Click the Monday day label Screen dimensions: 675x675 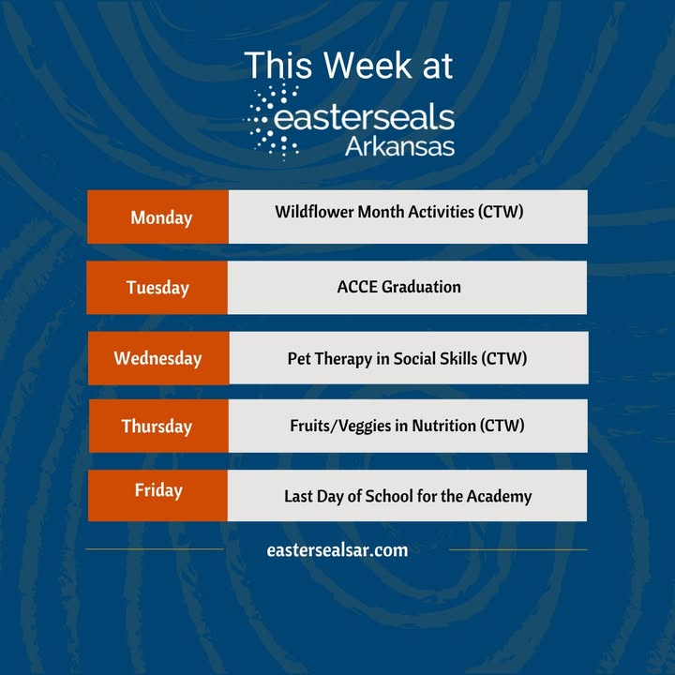161,217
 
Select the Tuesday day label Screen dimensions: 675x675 157,288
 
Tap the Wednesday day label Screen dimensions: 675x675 158,358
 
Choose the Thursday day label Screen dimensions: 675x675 157,427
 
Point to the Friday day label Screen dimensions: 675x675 158,490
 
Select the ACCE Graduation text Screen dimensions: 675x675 399,287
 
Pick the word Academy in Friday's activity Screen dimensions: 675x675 500,496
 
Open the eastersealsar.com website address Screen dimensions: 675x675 337,550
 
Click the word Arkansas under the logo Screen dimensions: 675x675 399,146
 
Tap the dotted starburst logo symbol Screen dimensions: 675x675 272,122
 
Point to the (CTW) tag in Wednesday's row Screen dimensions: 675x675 504,358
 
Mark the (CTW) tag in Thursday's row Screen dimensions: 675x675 502,426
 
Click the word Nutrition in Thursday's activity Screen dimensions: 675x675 443,426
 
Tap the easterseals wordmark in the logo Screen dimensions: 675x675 365,117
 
